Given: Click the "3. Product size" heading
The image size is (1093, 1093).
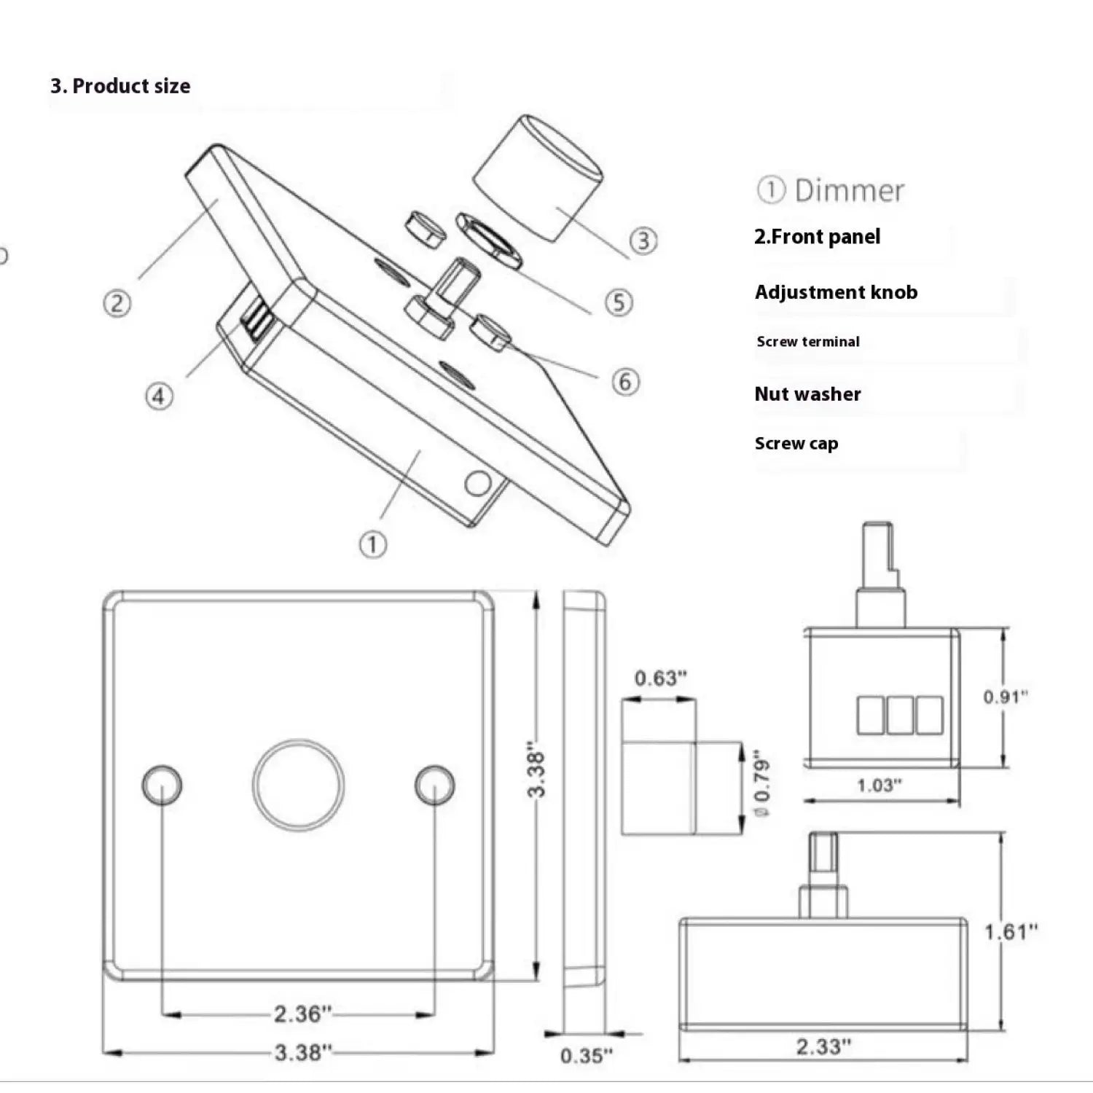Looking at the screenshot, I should coord(120,86).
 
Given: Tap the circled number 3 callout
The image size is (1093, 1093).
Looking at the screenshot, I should coord(643,240).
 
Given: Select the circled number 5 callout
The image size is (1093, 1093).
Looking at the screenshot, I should coord(619,302).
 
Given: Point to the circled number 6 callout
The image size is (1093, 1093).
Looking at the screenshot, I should coord(624,381).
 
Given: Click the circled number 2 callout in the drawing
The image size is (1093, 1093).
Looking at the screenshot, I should coord(117,303).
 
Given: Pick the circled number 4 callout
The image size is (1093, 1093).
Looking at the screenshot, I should coord(159,396).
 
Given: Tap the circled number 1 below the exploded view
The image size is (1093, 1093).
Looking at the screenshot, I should coord(372,544).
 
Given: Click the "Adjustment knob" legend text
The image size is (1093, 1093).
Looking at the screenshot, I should coord(836,292).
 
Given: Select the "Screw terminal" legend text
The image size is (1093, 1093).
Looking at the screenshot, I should coord(807,342).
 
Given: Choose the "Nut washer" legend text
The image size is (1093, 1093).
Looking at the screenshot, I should coord(807,394).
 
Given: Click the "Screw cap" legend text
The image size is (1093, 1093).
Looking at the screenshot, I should coord(796,443).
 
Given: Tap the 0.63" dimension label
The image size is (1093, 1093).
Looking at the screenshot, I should coord(660,678).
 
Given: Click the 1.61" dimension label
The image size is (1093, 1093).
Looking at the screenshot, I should coord(1011,931).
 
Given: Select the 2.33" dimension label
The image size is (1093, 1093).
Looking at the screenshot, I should coord(823,1046).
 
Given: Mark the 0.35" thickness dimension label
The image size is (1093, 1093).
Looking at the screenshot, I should coord(587,1055).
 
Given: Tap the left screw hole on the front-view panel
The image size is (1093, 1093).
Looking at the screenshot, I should coord(162,785).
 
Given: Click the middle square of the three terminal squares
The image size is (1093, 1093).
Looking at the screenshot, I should coord(900,715).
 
